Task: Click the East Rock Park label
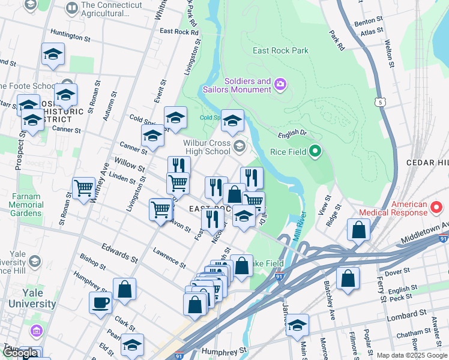point(280,50)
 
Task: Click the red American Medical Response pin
point(436,208)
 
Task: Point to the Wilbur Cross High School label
point(207,147)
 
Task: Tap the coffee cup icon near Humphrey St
point(100,302)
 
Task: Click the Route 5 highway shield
point(380,103)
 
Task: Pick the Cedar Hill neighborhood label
point(427,163)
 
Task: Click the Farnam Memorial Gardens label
point(25,205)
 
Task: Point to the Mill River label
point(301,227)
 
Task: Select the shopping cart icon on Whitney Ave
point(84,187)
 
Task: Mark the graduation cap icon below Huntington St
point(53,54)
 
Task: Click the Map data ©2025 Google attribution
point(412,355)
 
